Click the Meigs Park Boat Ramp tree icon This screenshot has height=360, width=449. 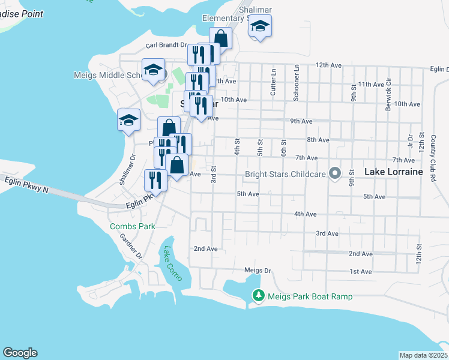click(x=259, y=296)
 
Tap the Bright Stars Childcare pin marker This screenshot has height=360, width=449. click(x=336, y=174)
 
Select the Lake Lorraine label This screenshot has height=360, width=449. click(x=394, y=172)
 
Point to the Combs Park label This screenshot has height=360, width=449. click(x=133, y=226)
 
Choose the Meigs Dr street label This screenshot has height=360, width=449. click(x=258, y=271)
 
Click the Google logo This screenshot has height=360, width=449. click(x=20, y=353)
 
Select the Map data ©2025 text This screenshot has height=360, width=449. click(x=423, y=355)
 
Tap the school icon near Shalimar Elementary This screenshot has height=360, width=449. click(x=260, y=26)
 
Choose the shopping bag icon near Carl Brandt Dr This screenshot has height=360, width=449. click(x=220, y=38)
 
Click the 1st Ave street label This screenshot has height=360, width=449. click(x=361, y=271)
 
